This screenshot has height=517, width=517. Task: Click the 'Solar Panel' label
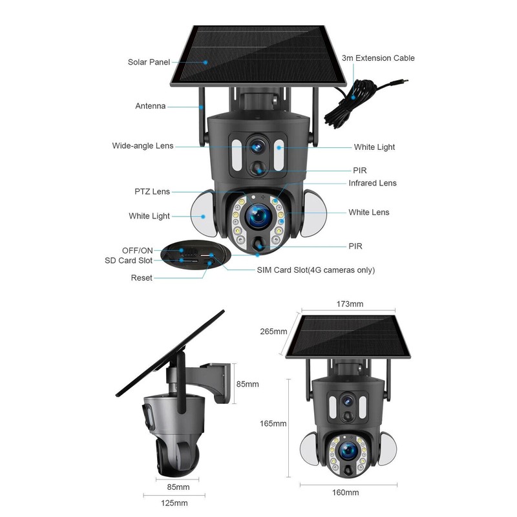149,63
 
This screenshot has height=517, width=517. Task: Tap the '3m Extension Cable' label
378,58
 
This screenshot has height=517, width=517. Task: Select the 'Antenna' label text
150,106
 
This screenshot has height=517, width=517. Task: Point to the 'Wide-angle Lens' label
143,146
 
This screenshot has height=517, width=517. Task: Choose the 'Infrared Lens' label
372,183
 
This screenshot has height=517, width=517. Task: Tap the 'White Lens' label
369,212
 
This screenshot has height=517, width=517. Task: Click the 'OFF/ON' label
137,250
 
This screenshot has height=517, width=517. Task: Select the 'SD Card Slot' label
129,260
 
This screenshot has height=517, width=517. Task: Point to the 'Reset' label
142,278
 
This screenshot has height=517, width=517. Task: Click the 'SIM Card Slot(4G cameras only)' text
315,270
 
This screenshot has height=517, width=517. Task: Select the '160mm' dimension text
345,492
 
